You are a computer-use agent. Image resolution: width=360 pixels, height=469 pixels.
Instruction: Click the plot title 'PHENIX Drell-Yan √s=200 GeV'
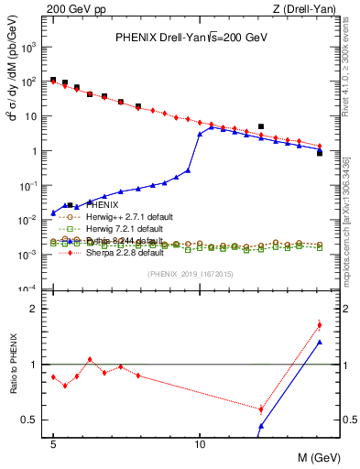click(190, 38)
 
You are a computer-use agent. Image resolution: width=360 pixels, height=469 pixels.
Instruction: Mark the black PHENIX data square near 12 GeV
click(261, 126)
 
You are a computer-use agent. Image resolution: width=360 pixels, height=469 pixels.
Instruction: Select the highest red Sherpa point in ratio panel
click(319, 324)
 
